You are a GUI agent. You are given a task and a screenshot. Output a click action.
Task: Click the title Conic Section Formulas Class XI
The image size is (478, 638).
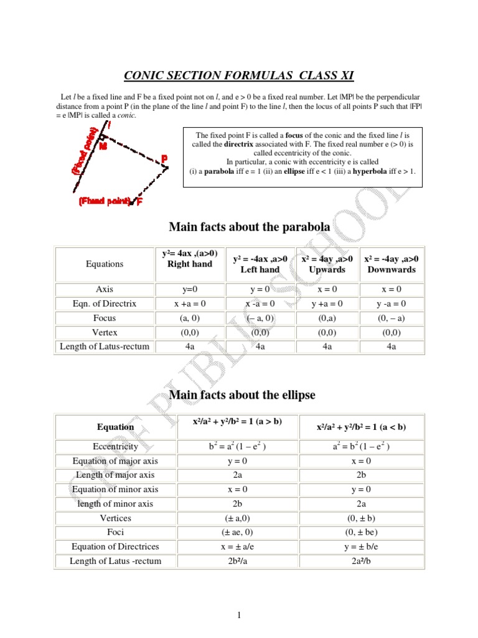coord(239,76)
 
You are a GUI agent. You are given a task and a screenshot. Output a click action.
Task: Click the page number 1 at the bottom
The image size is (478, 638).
coord(238,616)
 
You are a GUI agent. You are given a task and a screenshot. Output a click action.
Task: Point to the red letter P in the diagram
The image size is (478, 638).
coord(164,159)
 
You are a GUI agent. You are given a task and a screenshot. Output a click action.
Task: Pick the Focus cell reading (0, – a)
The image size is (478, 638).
coord(391,318)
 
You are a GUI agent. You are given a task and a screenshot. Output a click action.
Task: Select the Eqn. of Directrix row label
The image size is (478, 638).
coord(105,303)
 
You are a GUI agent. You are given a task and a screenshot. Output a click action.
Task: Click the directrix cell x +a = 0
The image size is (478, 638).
coord(190,303)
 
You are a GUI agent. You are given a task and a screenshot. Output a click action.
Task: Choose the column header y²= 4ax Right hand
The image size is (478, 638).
coord(190,258)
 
